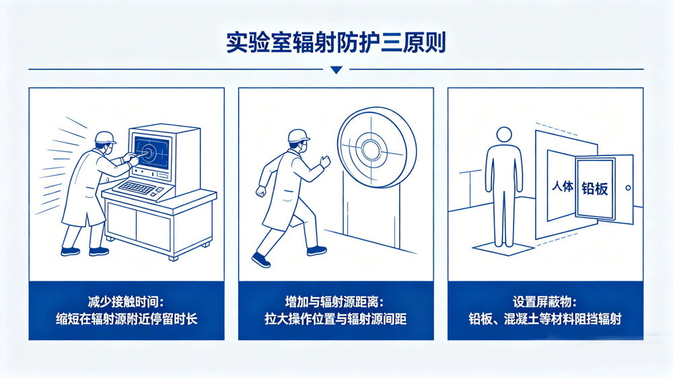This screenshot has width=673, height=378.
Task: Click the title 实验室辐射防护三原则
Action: pos(336,42)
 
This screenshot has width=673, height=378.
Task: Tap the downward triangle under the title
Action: pos(336,70)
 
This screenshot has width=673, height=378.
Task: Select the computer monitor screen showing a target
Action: pos(151,152)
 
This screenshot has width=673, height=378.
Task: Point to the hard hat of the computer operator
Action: pos(105,137)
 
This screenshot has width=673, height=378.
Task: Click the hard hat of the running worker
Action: pos(298,135)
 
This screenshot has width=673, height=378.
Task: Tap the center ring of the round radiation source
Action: pos(369,149)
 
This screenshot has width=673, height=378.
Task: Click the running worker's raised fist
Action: pos(325,161)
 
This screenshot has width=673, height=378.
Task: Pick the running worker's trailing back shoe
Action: pos(260,260)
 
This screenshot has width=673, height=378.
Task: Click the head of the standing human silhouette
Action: pos(504,135)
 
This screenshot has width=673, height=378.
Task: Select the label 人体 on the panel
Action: pos(562,186)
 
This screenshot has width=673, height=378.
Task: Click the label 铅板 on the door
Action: pos(594,188)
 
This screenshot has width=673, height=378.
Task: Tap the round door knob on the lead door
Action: pos(628,188)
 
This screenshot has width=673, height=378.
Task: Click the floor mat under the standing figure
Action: pos(503,249)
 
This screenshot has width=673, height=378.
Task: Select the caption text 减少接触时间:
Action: pos(126,302)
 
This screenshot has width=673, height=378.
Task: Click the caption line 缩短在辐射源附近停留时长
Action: pos(127,319)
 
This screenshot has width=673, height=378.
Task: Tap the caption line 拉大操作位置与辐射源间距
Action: pos(336,319)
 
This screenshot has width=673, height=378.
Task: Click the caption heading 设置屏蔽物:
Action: pos(545,302)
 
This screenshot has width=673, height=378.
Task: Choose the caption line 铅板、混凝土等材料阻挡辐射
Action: pos(545,319)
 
